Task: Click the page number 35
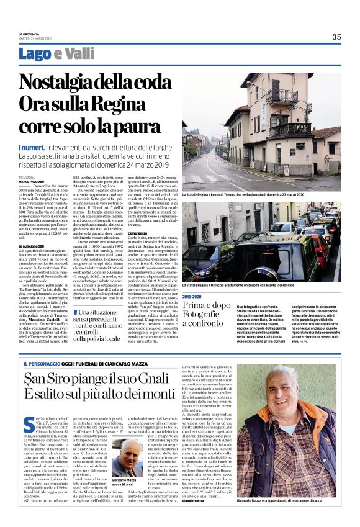coord(336,37)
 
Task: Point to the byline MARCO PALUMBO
coord(30,181)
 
